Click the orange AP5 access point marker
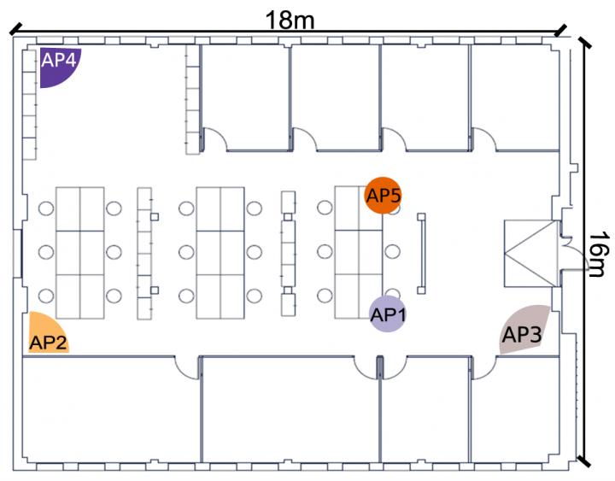[x=383, y=196]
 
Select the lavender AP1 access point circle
[x=387, y=314]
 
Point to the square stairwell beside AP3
[x=530, y=249]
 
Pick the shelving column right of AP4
[x=191, y=99]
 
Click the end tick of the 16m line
[x=583, y=461]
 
